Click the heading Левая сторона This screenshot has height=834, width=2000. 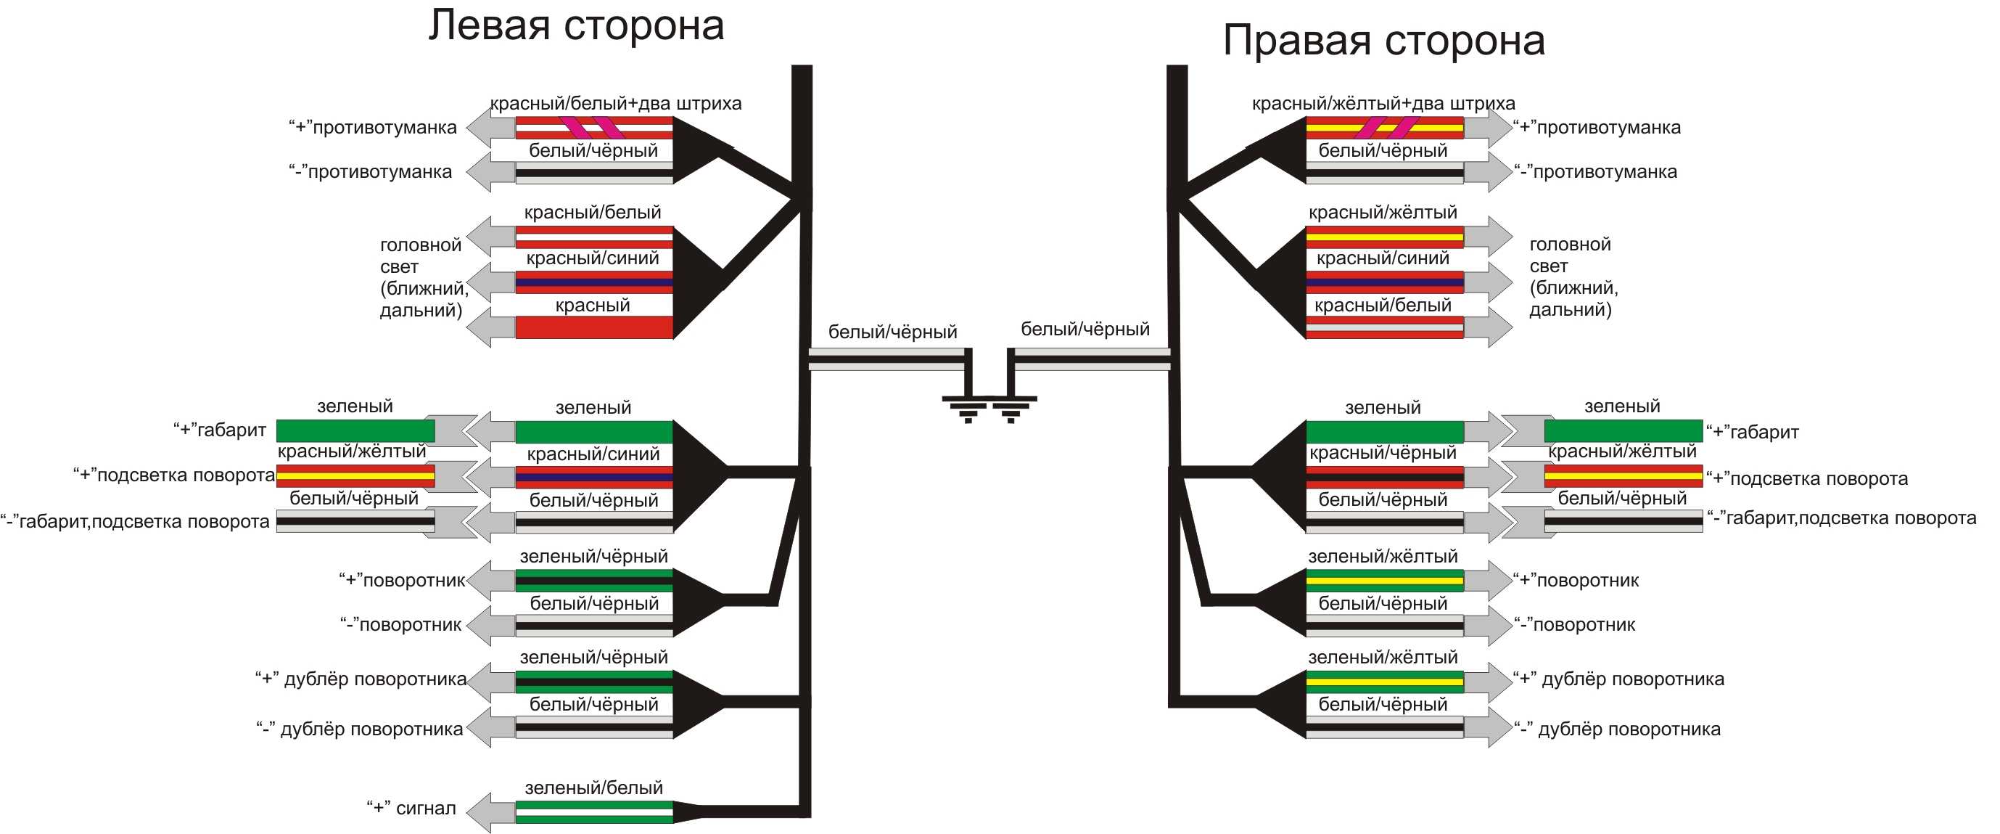coord(576,25)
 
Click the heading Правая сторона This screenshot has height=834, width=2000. coord(1383,41)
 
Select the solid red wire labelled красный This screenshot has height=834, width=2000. coord(594,327)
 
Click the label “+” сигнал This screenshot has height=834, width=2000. coord(411,809)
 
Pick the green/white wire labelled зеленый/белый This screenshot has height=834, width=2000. coord(594,811)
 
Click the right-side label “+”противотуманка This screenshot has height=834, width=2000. coord(1597,127)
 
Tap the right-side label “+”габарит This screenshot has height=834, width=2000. coord(1753,432)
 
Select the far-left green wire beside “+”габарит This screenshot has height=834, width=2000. coord(355,430)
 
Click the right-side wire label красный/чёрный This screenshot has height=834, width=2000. coord(1383,453)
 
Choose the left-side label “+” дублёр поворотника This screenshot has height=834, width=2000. coord(361,679)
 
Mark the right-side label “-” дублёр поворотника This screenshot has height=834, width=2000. coord(1617,729)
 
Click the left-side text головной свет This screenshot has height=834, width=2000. coord(421,256)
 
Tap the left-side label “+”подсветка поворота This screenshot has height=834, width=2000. coord(174,475)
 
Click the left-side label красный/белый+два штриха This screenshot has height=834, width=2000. coord(615,103)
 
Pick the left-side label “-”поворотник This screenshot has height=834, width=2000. coord(400,625)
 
